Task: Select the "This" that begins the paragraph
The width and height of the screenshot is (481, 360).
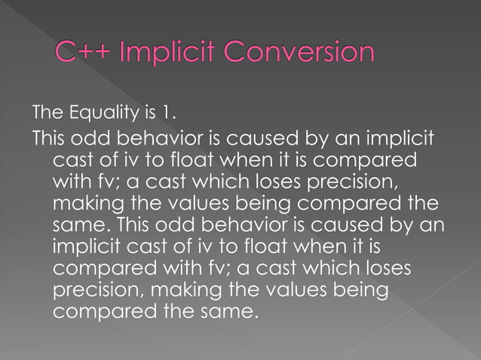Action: click(50, 140)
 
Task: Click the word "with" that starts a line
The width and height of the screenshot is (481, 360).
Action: click(71, 183)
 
